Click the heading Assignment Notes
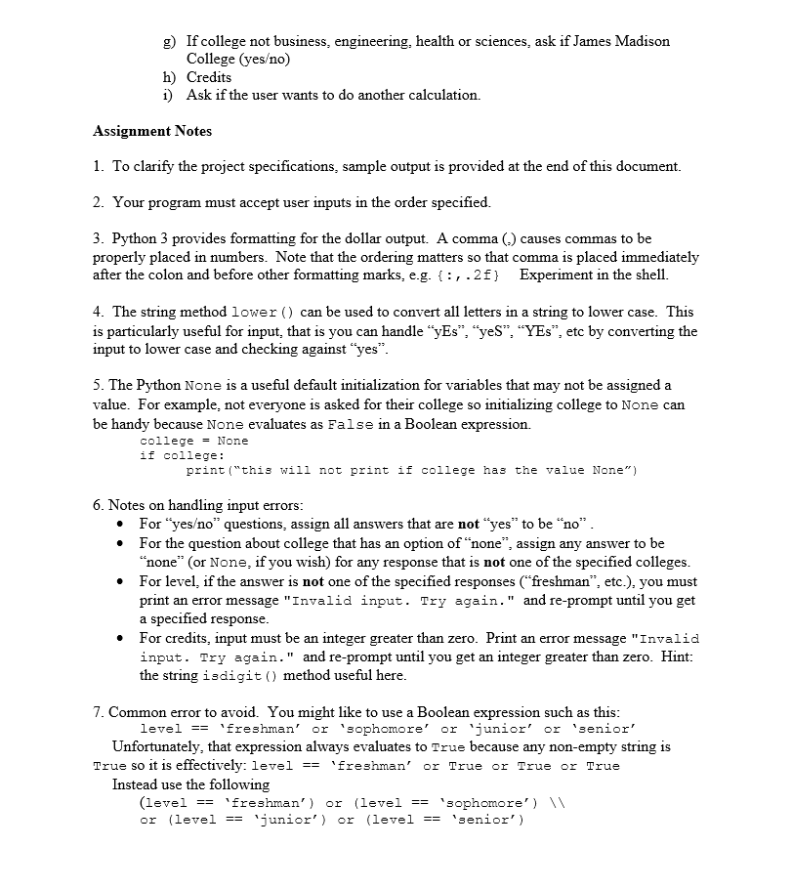click(152, 131)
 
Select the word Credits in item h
click(209, 77)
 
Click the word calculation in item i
click(442, 95)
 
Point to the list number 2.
click(99, 202)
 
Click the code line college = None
click(194, 441)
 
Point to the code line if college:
click(183, 455)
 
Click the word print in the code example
click(206, 470)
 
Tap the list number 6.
click(99, 505)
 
